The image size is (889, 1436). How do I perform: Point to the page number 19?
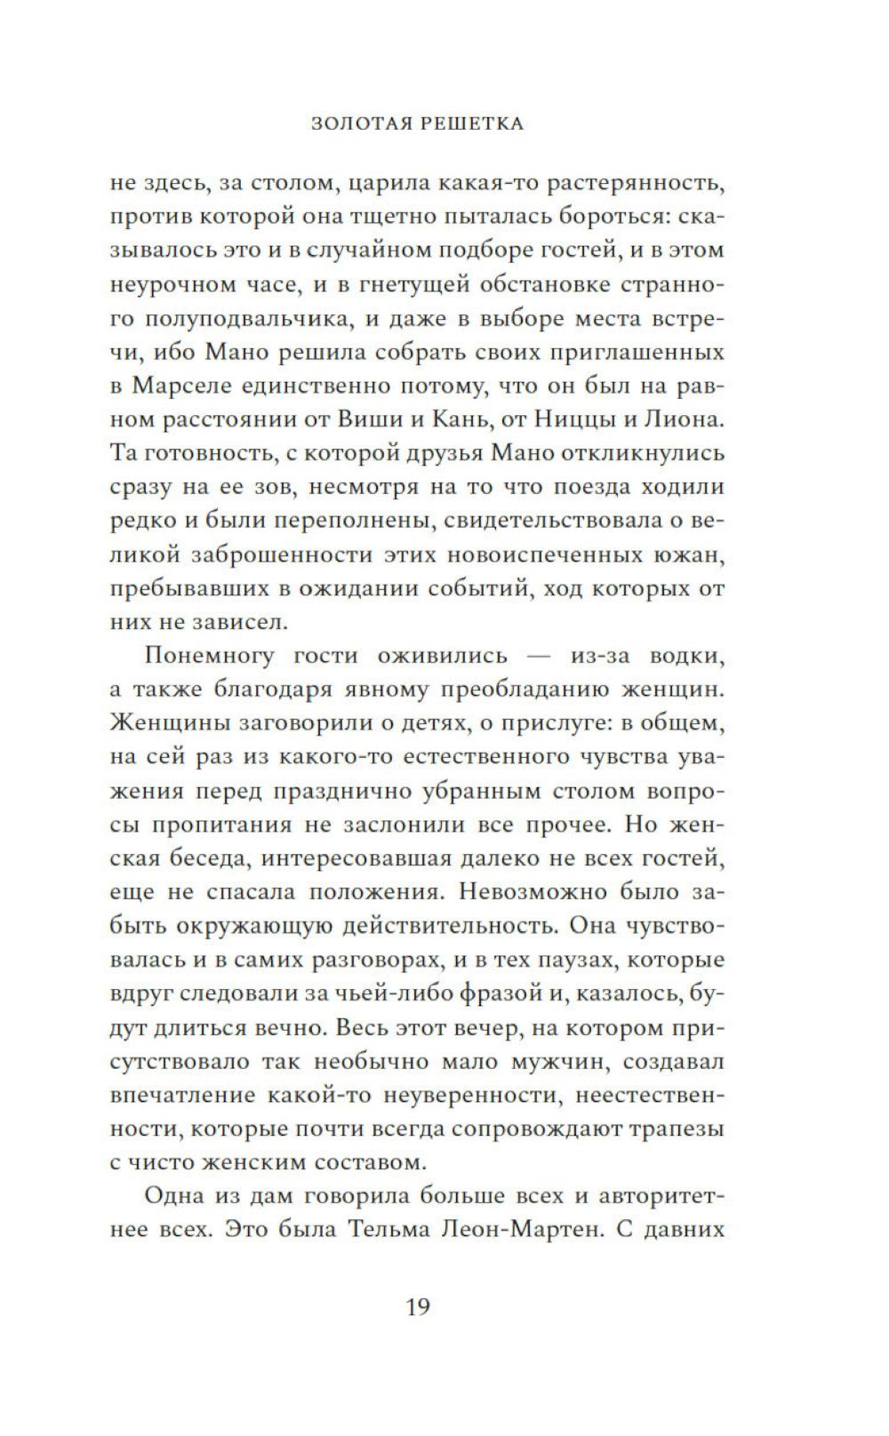418,1307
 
